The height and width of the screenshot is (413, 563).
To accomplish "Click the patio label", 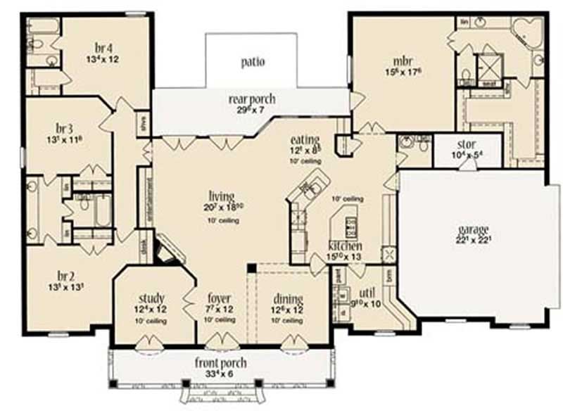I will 251,62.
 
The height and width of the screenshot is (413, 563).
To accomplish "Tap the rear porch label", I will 251,99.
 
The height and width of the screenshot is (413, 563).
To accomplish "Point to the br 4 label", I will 103,48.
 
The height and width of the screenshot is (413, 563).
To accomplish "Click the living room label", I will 222,196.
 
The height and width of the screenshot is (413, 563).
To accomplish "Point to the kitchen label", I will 345,246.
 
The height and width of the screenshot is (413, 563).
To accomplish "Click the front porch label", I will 221,363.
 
